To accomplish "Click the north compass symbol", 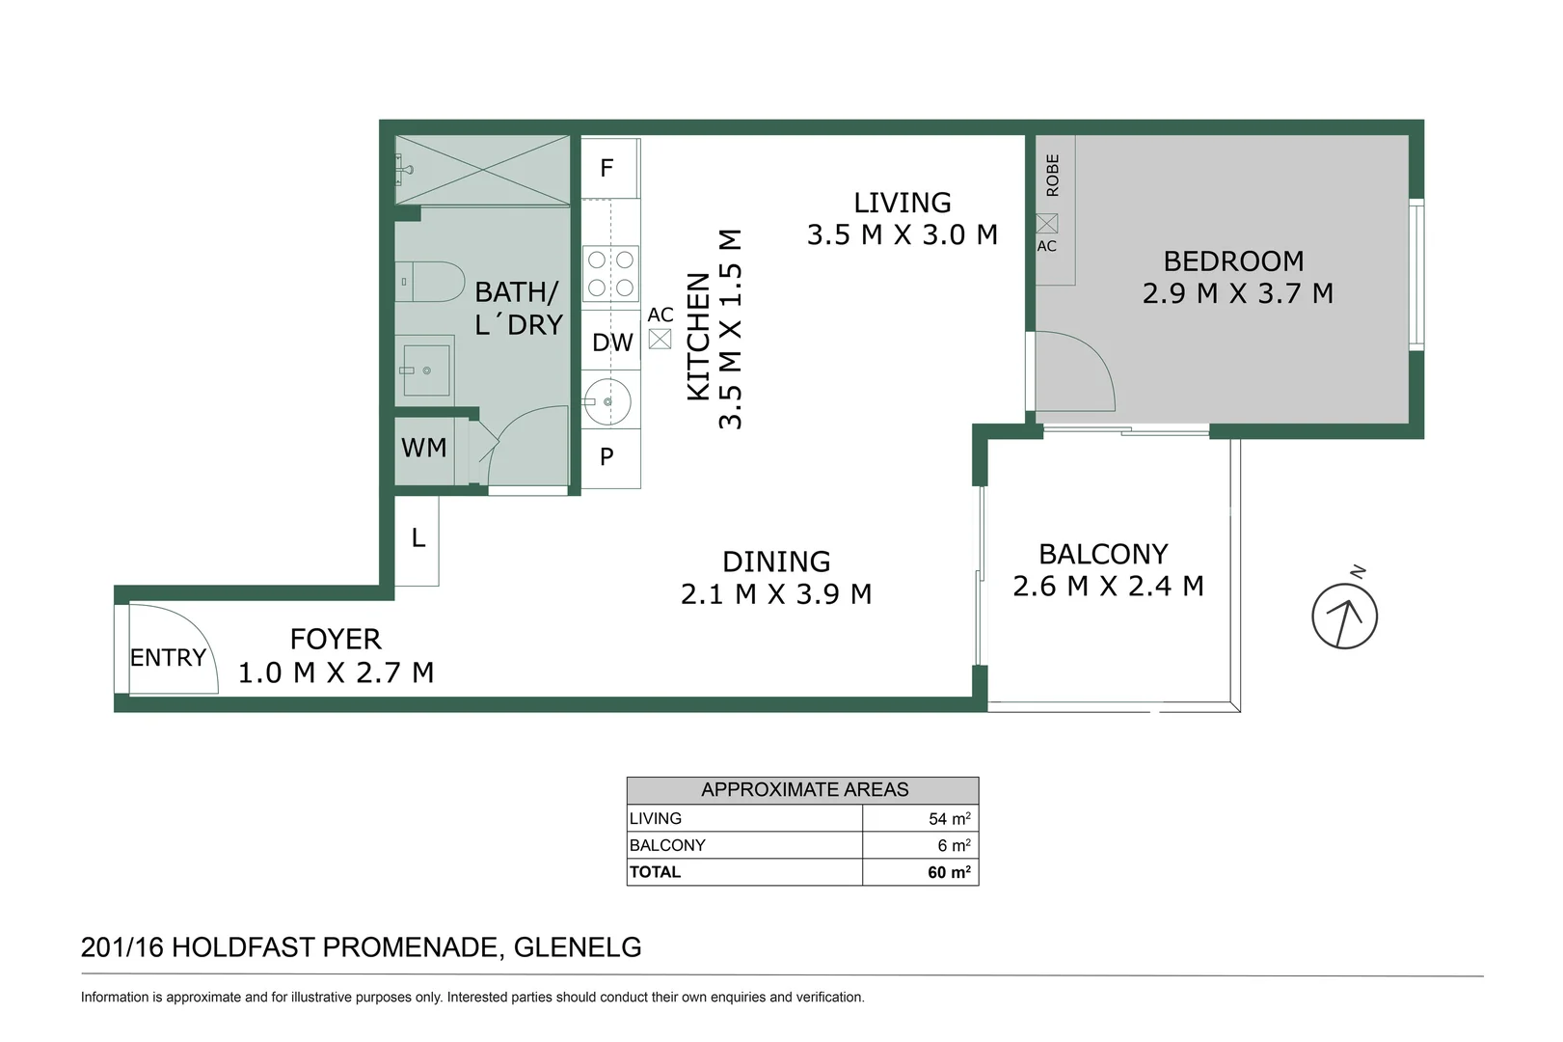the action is pos(1344,616).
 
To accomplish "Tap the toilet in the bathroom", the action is pos(430,282).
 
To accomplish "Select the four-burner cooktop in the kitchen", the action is pos(610,273).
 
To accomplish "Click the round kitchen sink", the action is pos(607,401).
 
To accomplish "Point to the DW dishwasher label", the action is pos(612,343).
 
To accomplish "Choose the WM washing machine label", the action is pos(423,448).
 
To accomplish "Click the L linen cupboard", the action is pos(417,540).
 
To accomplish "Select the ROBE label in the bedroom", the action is pos(1052,176).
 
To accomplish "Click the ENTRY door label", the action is pos(168,657).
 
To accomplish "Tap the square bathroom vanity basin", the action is pos(425,370).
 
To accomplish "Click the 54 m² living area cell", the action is pos(921,818).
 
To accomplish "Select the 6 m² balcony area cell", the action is pos(921,845).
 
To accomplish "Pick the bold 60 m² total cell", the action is pos(921,871).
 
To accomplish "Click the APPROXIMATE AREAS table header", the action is pos(803,790).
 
